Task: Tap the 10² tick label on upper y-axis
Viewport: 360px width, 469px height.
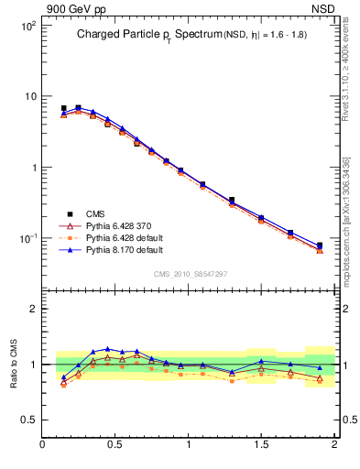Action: point(28,26)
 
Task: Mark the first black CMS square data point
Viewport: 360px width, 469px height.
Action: point(63,108)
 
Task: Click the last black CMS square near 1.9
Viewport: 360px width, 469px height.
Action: point(320,245)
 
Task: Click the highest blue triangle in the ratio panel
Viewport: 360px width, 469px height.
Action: point(108,349)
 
